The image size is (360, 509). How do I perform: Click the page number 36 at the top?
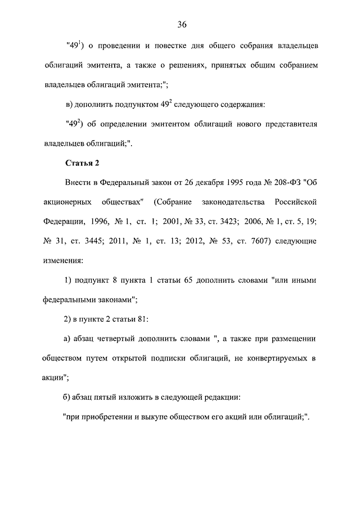[x=182, y=24]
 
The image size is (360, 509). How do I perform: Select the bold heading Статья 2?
[x=82, y=164]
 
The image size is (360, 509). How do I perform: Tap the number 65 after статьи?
[x=187, y=280]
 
